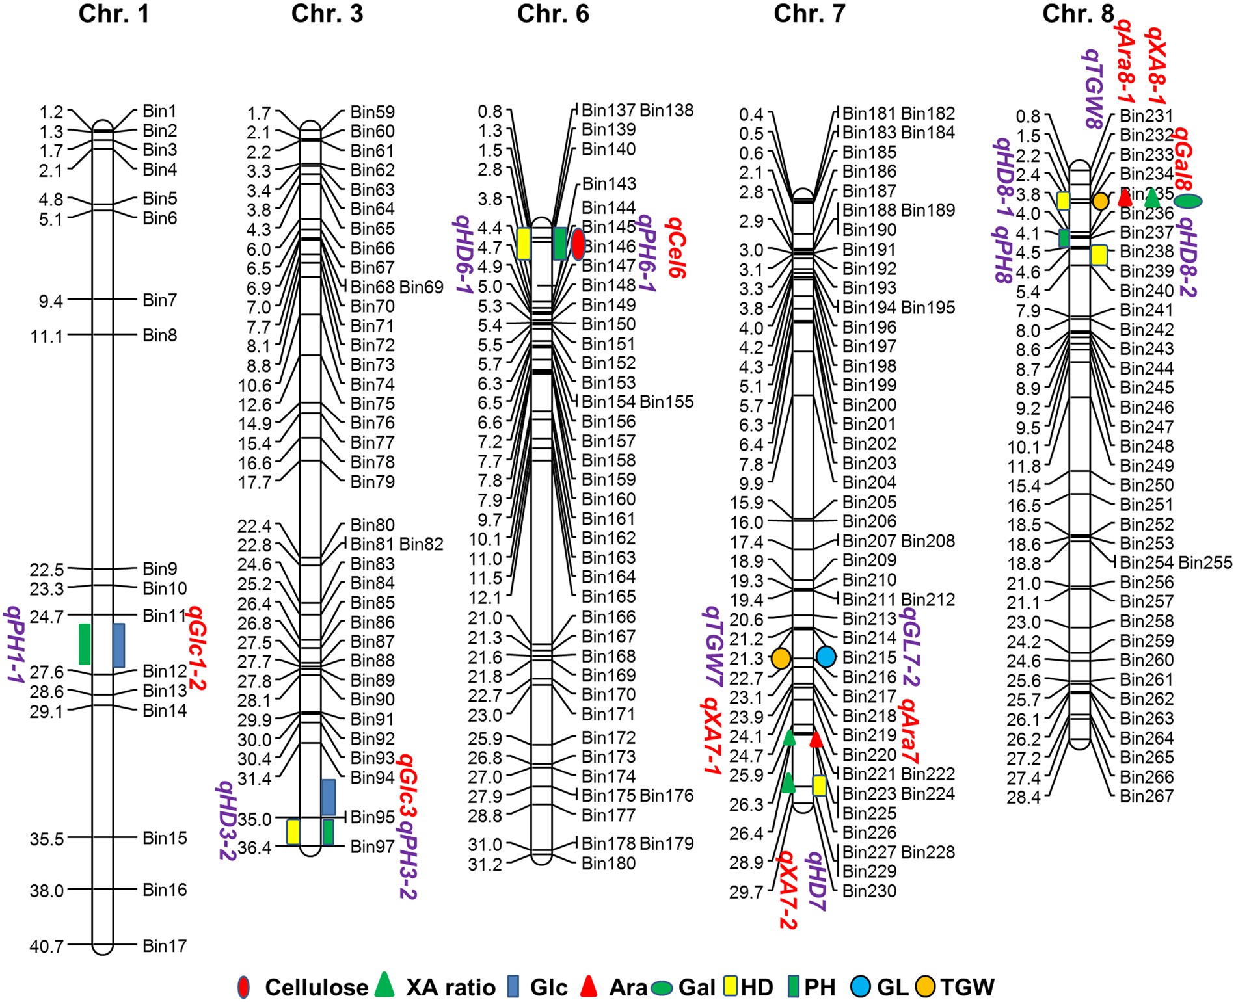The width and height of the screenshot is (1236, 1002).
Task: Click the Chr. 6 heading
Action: point(552,14)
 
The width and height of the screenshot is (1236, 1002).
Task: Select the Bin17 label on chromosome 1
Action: point(165,945)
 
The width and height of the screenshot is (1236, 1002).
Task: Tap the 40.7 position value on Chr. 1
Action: point(46,946)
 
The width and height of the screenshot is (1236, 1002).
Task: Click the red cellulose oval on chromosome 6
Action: point(578,244)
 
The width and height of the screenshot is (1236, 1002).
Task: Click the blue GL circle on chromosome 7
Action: point(826,656)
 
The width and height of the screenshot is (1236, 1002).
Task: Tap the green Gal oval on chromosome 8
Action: point(1188,202)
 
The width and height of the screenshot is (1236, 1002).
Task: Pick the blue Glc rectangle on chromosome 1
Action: point(118,645)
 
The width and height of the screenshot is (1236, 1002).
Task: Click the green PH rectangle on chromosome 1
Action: point(85,644)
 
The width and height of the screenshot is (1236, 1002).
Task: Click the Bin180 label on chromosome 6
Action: point(608,864)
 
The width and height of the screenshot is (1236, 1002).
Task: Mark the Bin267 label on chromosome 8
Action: point(1146,796)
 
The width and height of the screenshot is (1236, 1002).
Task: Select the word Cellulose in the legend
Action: point(316,987)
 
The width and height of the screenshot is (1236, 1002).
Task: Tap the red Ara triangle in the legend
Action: point(589,986)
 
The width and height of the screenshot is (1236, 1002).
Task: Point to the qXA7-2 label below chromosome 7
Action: point(786,890)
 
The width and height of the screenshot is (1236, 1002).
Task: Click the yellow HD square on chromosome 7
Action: point(819,785)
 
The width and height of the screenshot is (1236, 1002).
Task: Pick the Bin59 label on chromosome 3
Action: point(372,112)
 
